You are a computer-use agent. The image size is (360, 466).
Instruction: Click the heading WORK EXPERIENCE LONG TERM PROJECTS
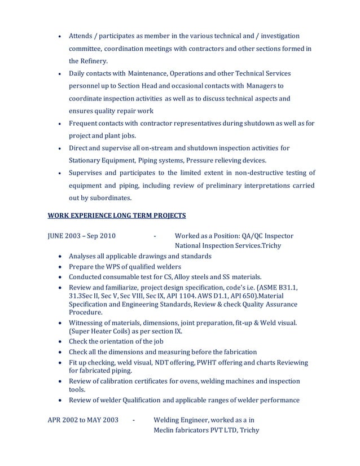(116, 216)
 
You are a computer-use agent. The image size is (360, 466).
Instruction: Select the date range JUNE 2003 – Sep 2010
(82, 236)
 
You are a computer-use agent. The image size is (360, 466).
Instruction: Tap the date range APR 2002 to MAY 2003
(82, 420)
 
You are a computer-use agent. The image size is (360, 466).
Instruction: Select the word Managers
(263, 86)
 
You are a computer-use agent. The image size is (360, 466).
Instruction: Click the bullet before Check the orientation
(61, 342)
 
